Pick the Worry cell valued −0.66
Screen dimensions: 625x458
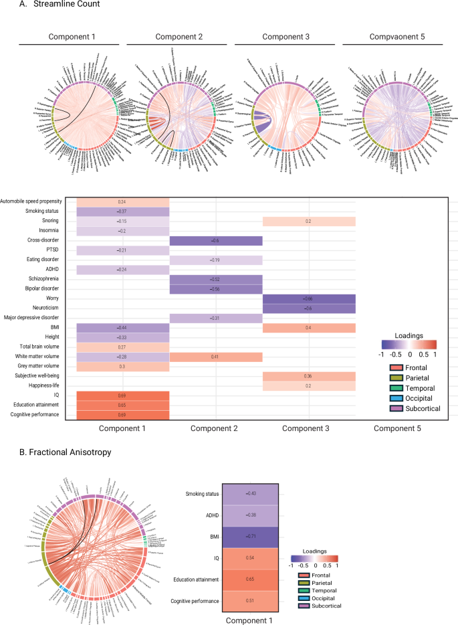tap(309, 298)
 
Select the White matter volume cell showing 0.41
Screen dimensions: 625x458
tap(216, 357)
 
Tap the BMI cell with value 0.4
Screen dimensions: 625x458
tap(309, 328)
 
